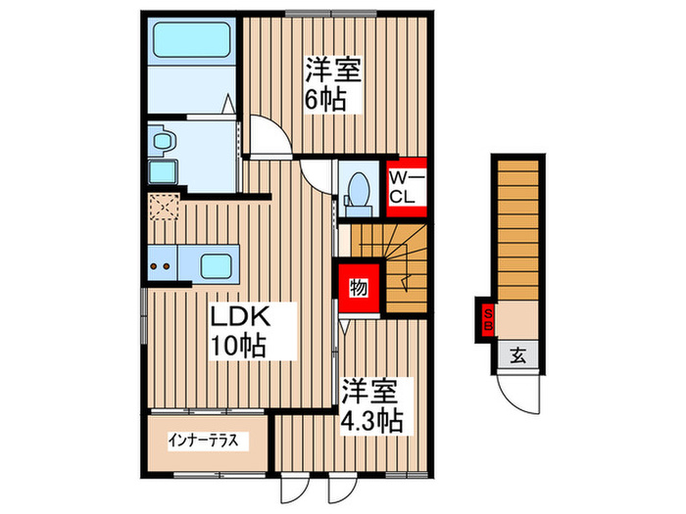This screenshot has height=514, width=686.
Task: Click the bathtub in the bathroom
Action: click(x=190, y=41)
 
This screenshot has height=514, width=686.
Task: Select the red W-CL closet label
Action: click(x=404, y=186)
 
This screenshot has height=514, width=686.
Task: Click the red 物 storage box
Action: click(x=358, y=288)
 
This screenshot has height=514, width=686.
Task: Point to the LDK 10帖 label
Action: click(x=238, y=330)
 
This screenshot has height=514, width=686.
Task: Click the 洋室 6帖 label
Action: click(x=332, y=84)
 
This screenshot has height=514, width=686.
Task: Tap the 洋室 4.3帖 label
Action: click(x=370, y=406)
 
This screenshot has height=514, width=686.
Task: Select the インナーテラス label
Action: click(x=206, y=440)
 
